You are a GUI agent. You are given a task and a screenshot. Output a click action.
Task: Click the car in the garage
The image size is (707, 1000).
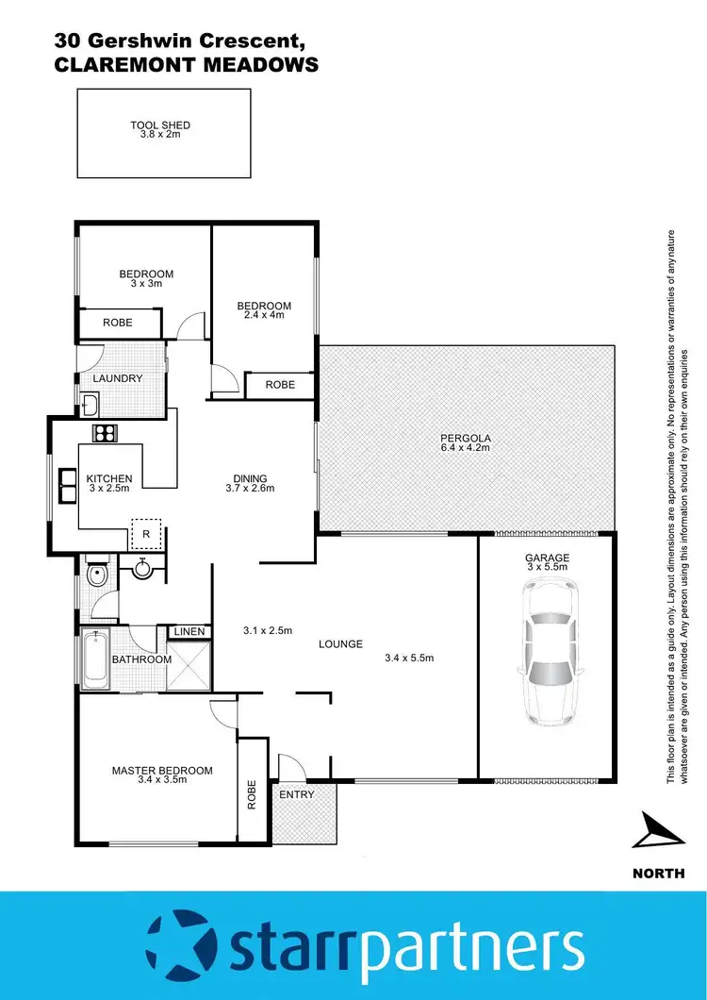(x=546, y=652)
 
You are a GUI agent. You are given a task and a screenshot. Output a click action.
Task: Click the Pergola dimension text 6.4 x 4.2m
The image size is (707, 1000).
(x=466, y=447)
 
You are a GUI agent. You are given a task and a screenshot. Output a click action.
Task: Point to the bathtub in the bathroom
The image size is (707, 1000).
(x=95, y=659)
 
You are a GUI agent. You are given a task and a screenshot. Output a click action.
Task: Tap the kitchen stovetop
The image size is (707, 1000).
(x=103, y=433)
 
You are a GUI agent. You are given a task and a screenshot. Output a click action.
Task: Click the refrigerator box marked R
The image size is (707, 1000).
(x=146, y=533)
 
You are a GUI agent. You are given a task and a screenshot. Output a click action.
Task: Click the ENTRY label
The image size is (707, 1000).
(x=297, y=795)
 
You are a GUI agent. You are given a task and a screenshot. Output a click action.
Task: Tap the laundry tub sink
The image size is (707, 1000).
(x=90, y=406)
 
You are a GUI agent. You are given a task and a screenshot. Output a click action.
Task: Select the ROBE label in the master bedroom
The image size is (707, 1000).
(x=252, y=795)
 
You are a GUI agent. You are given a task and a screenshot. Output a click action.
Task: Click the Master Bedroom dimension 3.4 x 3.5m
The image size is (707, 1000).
(x=162, y=780)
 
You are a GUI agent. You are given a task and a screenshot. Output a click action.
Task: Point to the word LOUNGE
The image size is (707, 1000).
(x=340, y=644)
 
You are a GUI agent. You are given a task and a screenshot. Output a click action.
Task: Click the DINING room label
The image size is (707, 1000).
(x=250, y=478)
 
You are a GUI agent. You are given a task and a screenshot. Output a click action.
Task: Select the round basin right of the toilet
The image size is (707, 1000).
(x=143, y=568)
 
